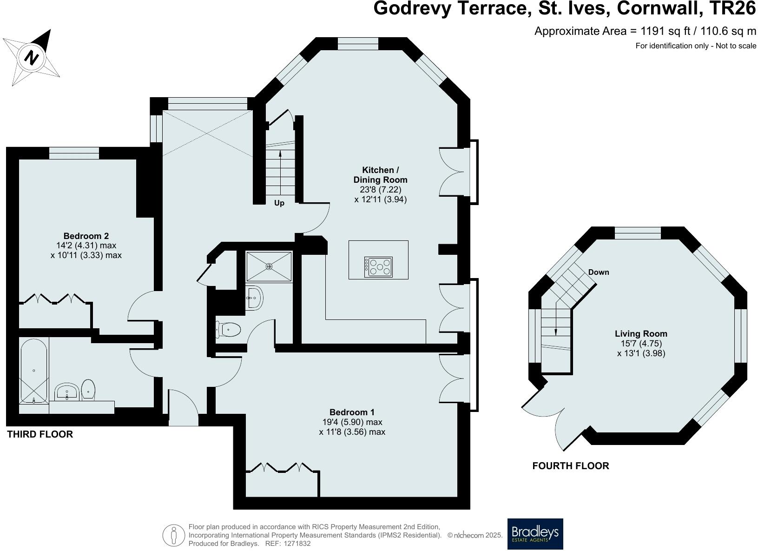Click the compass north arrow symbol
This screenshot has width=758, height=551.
pyautogui.click(x=32, y=58)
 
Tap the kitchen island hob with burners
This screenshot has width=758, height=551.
pyautogui.click(x=379, y=267)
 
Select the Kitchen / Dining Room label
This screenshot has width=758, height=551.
pyautogui.click(x=380, y=175)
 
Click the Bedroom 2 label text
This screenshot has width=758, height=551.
pyautogui.click(x=86, y=236)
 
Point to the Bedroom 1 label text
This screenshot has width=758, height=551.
pyautogui.click(x=352, y=412)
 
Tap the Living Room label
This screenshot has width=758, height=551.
pyautogui.click(x=641, y=333)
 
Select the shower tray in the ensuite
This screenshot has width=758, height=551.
pyautogui.click(x=269, y=266)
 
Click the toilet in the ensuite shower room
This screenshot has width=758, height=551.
pyautogui.click(x=229, y=330)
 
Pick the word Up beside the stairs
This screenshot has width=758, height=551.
pyautogui.click(x=279, y=203)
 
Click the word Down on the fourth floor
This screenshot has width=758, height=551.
pyautogui.click(x=598, y=272)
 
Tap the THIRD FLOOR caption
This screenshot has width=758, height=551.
pyautogui.click(x=40, y=434)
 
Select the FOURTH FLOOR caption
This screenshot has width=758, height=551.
pyautogui.click(x=570, y=466)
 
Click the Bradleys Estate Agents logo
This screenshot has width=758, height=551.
pyautogui.click(x=535, y=534)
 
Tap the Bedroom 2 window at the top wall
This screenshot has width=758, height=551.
pyautogui.click(x=74, y=153)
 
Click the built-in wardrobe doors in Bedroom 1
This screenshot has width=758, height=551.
pyautogui.click(x=282, y=467)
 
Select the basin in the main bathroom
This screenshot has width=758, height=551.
pyautogui.click(x=67, y=392)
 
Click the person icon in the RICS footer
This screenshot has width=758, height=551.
pyautogui.click(x=174, y=535)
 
